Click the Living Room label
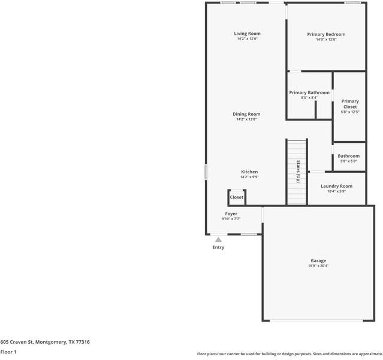coord(247,34)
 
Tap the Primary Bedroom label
coord(326,34)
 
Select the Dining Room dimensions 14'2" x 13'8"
coord(246,119)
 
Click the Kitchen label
coord(249,172)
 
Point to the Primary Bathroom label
coord(309,92)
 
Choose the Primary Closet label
coord(350,104)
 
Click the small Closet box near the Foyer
coord(237,197)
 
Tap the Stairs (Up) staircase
coord(297,172)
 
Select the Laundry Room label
coord(336,186)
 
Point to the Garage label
coord(318,260)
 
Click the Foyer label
coord(231,214)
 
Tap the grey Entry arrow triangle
coord(218,239)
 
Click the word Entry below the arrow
coord(218,247)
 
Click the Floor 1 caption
coord(8,352)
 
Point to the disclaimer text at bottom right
coord(289,354)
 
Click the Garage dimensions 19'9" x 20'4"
coord(318,266)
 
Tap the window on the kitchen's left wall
coord(206,172)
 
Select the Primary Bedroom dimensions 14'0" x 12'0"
coord(326,40)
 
